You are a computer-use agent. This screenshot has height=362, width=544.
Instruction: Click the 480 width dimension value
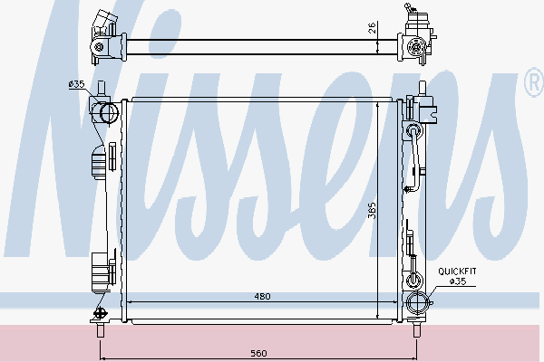tap(262, 296)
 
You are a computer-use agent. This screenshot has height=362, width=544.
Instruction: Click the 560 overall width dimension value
tap(258, 353)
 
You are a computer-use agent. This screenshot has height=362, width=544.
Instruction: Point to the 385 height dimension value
tap(372, 211)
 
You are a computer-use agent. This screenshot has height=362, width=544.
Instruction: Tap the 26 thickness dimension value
tap(372, 27)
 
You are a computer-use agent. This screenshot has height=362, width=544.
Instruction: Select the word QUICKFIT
tap(457, 271)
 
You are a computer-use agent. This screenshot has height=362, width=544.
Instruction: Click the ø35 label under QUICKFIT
tap(458, 281)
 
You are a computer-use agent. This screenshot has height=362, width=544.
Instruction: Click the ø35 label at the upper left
tap(76, 84)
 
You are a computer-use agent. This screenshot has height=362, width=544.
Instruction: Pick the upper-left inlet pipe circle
tap(109, 112)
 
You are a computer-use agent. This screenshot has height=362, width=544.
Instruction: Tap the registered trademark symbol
tap(535, 82)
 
